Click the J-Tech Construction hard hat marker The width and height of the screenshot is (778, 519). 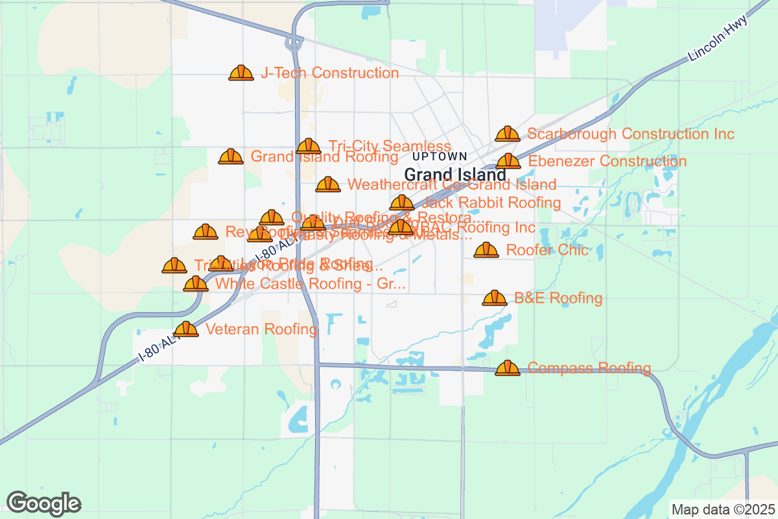pos(241,73)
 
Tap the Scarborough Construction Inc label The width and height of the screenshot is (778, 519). pos(630,134)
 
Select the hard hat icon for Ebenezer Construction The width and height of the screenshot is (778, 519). pos(508,161)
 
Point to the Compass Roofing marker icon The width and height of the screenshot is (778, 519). pos(508,368)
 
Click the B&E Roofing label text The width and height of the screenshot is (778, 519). pos(558,298)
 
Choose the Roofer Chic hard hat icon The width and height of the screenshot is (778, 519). pos(486,250)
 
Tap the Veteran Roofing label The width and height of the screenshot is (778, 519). pos(261,330)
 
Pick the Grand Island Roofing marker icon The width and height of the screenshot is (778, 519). pos(231,156)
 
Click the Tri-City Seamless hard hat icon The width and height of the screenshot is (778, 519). pos(309,146)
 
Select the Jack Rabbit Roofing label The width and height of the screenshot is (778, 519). pos(491,203)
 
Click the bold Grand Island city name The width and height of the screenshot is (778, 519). pos(455,175)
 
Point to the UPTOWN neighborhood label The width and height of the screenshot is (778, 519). pos(439,156)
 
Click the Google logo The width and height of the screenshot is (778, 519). pos(44,503)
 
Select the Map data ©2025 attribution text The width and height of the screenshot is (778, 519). pos(722,509)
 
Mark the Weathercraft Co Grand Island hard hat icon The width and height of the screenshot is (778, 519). pos(328,185)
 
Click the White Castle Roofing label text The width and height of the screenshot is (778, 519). pos(310,284)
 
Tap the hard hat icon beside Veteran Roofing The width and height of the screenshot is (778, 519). pos(186,329)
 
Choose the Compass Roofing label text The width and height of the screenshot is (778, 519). pos(589,368)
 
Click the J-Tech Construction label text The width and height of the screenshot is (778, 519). pos(329,73)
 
